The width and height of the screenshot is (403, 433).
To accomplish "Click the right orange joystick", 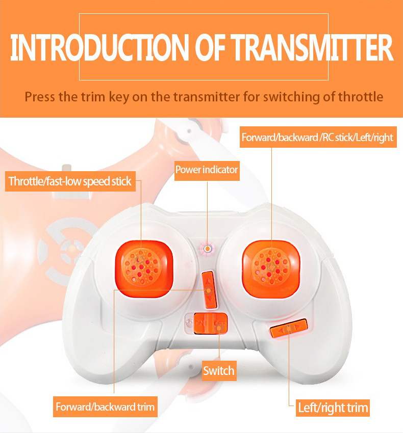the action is [271, 268].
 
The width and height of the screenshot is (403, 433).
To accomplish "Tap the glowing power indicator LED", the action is [208, 249].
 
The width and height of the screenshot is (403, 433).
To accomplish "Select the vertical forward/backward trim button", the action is [209, 290].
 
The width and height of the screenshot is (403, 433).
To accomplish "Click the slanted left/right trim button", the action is [289, 328].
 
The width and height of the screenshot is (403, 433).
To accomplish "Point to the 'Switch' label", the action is [219, 370].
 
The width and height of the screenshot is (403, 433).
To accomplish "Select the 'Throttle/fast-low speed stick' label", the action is [70, 181].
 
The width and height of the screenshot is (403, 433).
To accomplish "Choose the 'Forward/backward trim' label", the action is [105, 407].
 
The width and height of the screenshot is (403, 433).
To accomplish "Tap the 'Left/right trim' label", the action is [333, 408].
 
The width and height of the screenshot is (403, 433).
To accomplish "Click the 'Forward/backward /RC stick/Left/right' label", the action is [318, 137].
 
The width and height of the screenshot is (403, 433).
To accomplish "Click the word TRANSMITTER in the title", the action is [312, 47].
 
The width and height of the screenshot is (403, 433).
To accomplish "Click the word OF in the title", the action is [210, 47].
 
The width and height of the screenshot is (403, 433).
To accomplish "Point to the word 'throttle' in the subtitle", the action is [361, 97].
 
